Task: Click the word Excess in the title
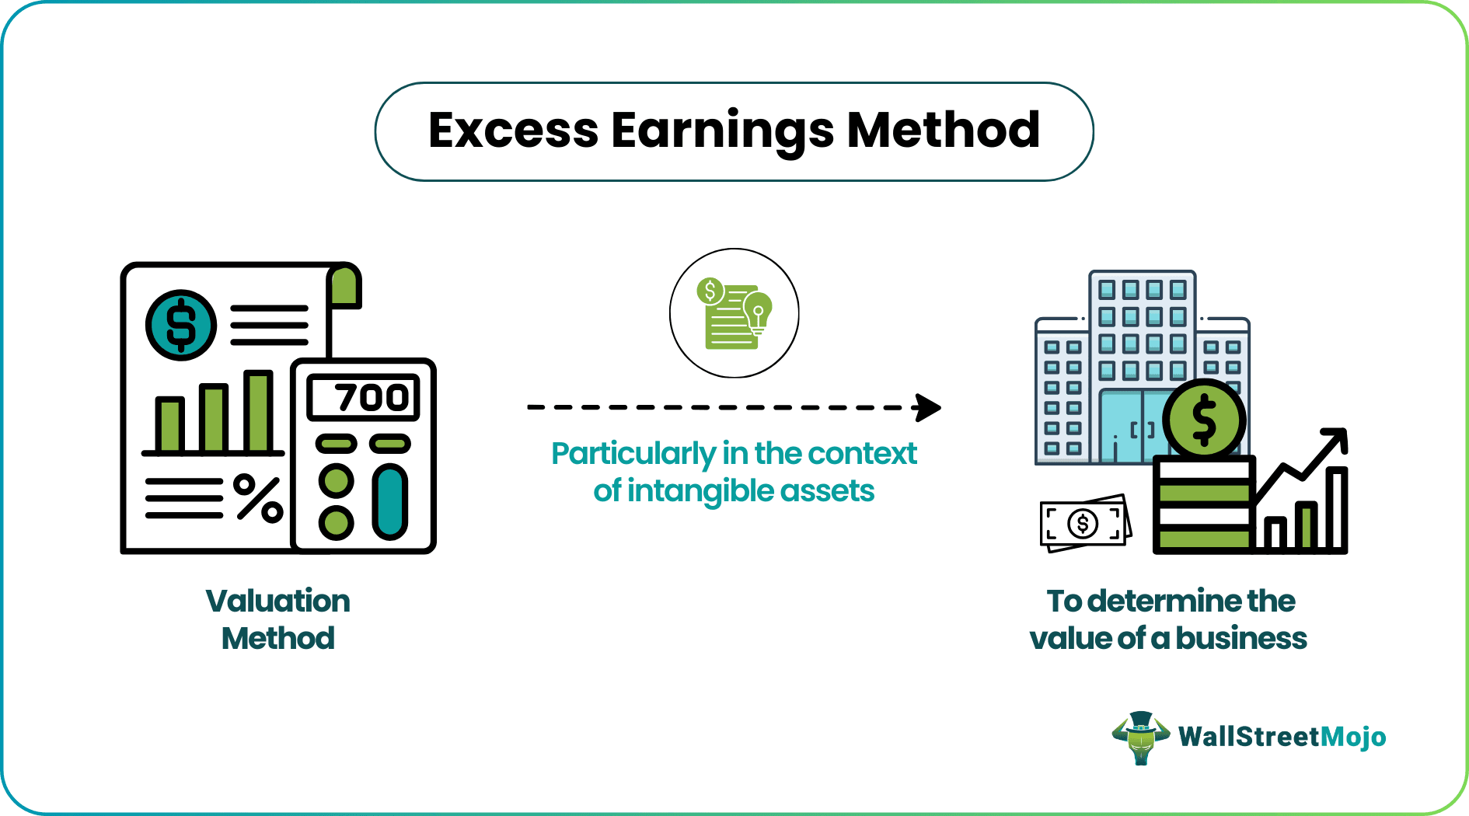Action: coord(514,130)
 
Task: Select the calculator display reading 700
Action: coord(364,397)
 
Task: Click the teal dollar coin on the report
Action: coord(181,325)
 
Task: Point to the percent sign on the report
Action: coord(258,497)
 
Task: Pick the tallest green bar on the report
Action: coord(258,410)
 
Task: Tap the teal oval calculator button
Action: coord(389,501)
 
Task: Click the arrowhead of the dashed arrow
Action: coord(928,407)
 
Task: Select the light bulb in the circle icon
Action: coord(757,312)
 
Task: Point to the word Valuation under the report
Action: coord(277,601)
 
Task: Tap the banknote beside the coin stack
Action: coord(1085,524)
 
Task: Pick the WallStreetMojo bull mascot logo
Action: coord(1140,738)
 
